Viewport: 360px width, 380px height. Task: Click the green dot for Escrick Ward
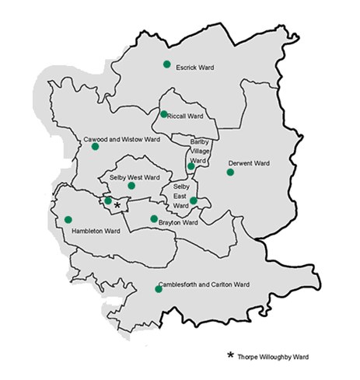click(166, 64)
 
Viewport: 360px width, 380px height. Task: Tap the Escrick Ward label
click(195, 68)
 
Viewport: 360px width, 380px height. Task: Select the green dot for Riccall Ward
click(164, 114)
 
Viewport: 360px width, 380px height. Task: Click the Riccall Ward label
click(187, 116)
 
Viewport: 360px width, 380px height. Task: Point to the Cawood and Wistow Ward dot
click(95, 146)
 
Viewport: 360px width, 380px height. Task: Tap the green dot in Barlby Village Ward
click(190, 166)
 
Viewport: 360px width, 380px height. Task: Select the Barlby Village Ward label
click(201, 151)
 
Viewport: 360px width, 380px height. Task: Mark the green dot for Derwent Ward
click(230, 172)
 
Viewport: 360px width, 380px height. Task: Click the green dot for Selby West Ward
click(131, 186)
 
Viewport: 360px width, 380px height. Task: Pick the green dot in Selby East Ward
click(193, 201)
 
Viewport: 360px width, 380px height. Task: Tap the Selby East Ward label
click(181, 196)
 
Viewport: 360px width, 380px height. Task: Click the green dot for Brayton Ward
click(154, 218)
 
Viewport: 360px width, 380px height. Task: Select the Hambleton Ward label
click(96, 231)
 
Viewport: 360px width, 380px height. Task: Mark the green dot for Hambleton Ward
click(68, 219)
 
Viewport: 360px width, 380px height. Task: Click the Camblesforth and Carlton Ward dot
click(159, 289)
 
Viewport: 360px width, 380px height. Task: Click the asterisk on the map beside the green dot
click(117, 204)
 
